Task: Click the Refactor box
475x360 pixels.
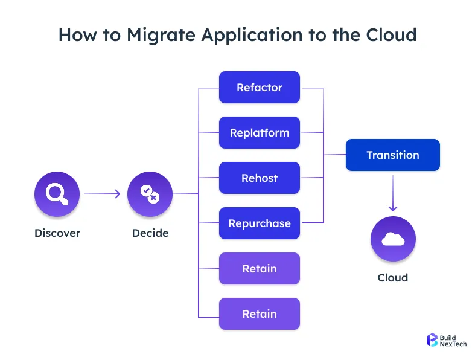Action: point(259,88)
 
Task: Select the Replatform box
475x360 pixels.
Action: point(259,133)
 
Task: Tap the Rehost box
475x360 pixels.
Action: point(259,178)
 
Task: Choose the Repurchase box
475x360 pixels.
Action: point(259,223)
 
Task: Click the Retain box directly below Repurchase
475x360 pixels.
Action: point(259,269)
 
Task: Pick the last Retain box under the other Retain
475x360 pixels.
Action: point(259,314)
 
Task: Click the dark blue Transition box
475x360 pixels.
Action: point(392,155)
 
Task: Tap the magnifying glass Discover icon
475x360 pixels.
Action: point(57,194)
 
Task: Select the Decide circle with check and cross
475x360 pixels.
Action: point(150,194)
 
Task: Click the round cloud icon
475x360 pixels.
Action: point(393,239)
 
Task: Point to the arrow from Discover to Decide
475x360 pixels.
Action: point(103,194)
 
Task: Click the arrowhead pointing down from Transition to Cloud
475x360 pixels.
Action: point(393,207)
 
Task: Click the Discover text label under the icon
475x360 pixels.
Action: point(57,233)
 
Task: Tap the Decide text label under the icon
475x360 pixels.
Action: point(150,233)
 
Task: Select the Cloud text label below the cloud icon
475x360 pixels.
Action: point(393,278)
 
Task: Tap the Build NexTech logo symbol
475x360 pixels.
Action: point(432,339)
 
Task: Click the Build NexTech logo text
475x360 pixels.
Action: point(453,339)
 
